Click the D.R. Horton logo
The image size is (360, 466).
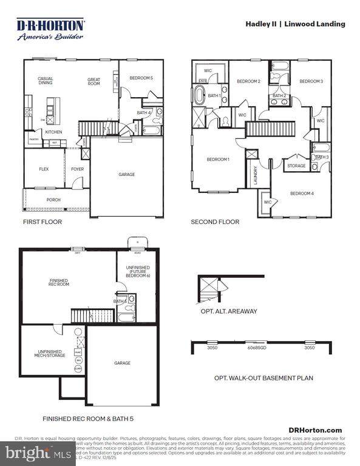click(x=50, y=29)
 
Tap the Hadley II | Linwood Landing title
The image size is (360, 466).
click(x=295, y=24)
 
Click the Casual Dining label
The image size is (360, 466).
click(x=46, y=81)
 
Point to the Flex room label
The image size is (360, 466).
click(x=44, y=169)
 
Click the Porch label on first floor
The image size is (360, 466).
click(x=53, y=199)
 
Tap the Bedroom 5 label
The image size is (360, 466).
click(x=141, y=78)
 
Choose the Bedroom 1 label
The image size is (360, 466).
click(x=218, y=160)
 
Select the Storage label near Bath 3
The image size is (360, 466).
click(x=296, y=166)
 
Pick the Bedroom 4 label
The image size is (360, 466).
click(x=302, y=194)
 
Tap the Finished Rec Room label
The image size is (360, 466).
click(x=59, y=282)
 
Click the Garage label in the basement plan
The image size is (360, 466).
click(x=122, y=363)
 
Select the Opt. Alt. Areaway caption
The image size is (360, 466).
click(x=229, y=311)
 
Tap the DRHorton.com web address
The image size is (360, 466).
click(x=320, y=430)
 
